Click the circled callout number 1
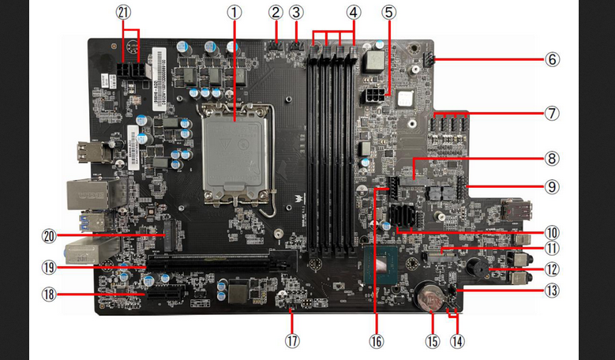(x=234, y=13)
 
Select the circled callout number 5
(x=388, y=13)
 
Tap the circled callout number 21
(x=123, y=13)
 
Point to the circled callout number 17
(x=292, y=340)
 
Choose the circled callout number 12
(x=552, y=269)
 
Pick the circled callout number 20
(x=50, y=236)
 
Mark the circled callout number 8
(x=552, y=159)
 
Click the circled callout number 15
(x=432, y=340)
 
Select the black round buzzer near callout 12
(x=478, y=268)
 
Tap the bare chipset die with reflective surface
(x=381, y=265)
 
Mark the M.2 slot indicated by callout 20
(x=170, y=235)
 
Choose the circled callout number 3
(x=296, y=13)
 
